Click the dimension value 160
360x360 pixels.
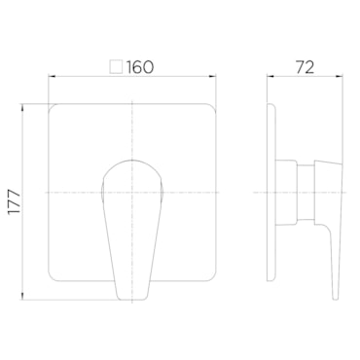click(x=139, y=67)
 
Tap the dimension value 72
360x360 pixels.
click(x=305, y=67)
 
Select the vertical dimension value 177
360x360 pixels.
click(x=15, y=201)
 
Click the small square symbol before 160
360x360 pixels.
click(x=117, y=67)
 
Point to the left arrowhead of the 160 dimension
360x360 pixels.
click(x=52, y=77)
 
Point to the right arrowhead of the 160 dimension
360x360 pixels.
click(x=212, y=77)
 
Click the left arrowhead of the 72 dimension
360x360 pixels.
click(x=270, y=77)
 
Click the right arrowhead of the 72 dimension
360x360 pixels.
click(x=340, y=77)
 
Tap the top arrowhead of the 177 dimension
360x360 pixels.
click(x=22, y=108)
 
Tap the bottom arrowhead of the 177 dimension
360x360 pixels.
click(x=22, y=296)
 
